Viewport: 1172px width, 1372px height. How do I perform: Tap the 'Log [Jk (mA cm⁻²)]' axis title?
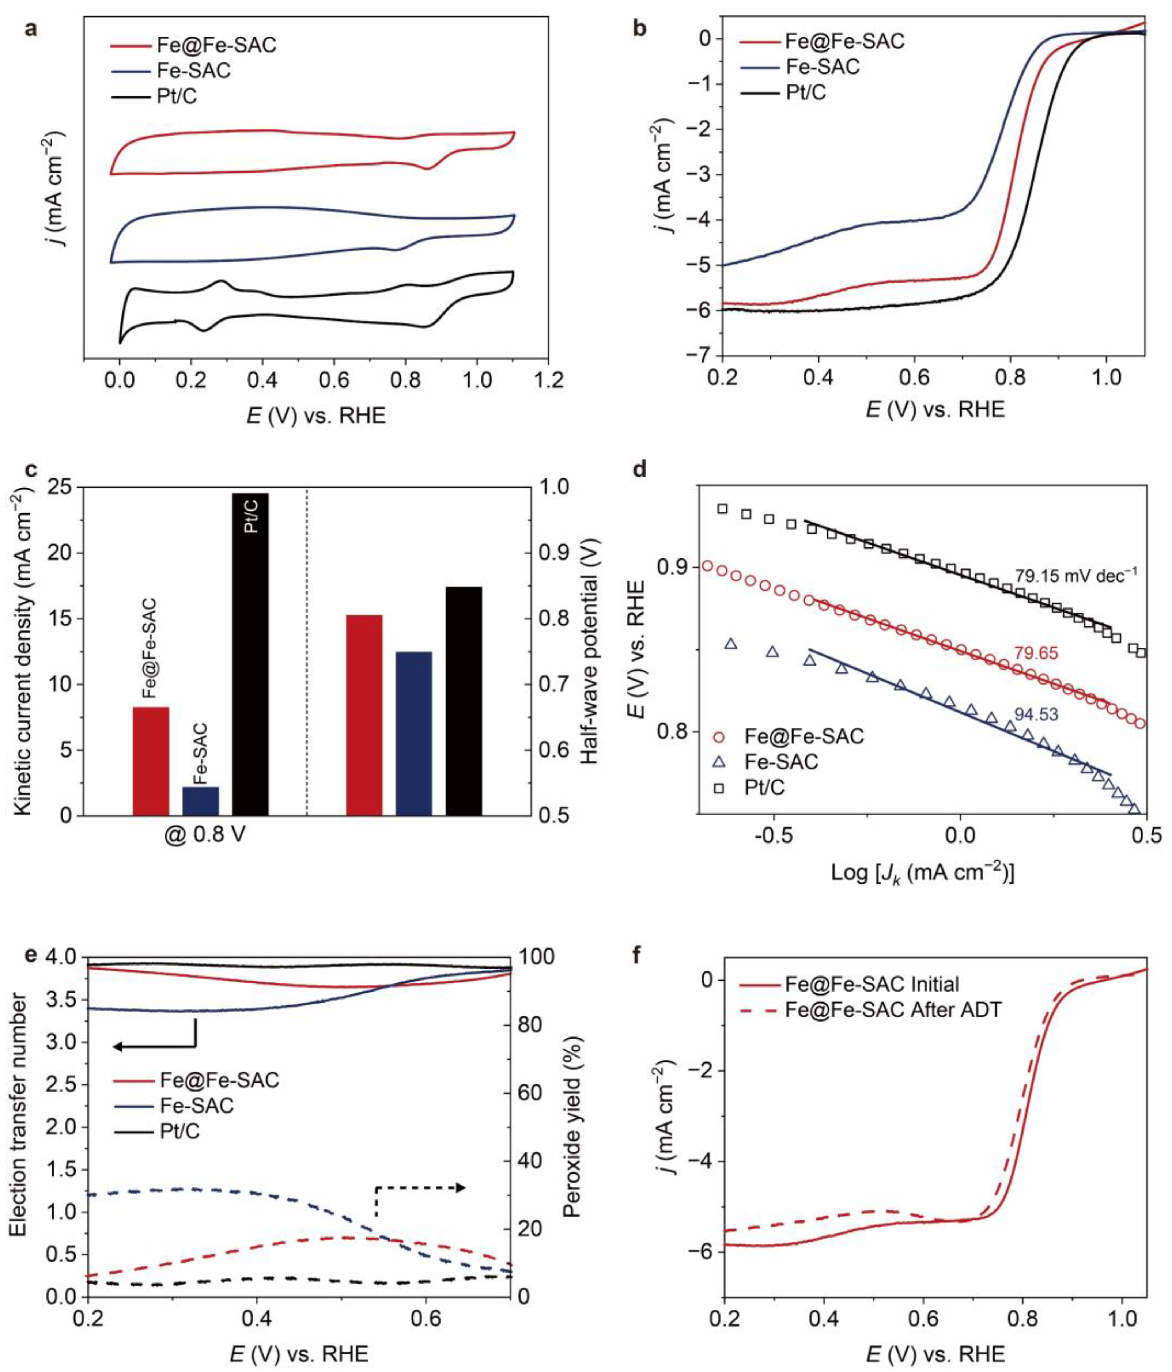pyautogui.click(x=922, y=873)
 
